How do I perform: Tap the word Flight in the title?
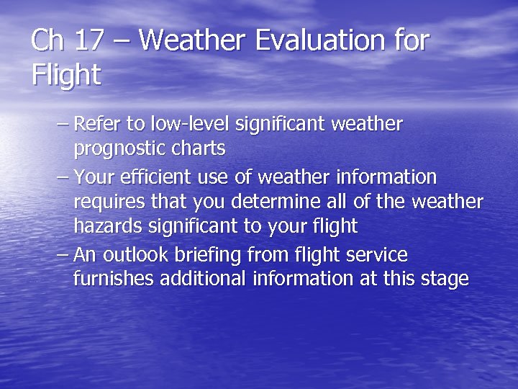(66, 74)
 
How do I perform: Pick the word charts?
(201, 148)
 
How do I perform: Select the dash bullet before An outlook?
(63, 255)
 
